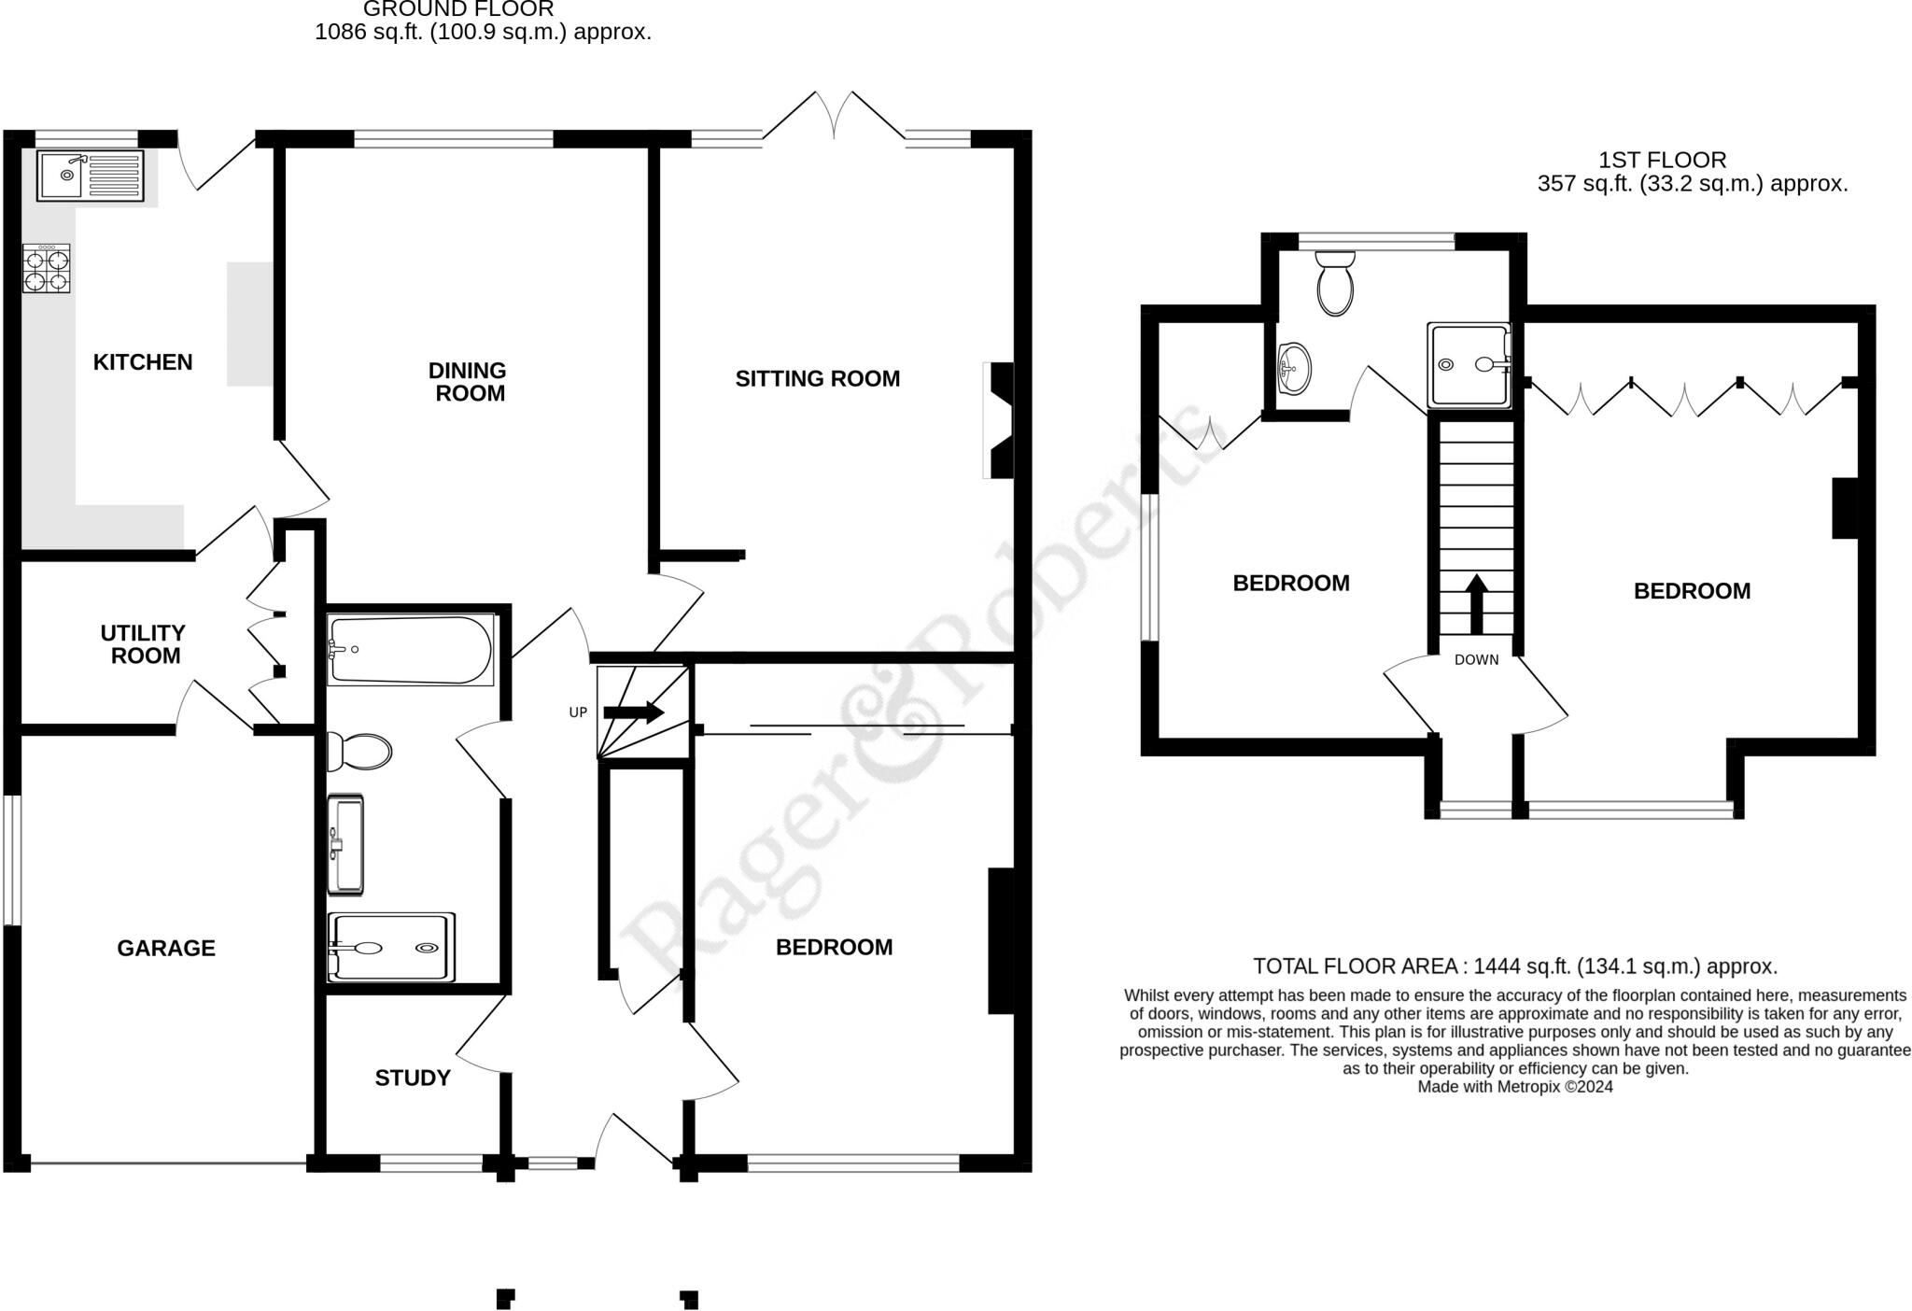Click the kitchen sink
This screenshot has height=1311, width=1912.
91,176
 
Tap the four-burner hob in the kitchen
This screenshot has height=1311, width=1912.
47,269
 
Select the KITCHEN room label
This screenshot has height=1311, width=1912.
143,362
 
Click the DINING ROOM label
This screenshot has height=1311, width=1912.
468,382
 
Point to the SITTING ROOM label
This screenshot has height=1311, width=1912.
818,379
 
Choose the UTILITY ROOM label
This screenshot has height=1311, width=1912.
144,644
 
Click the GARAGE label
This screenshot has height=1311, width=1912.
166,949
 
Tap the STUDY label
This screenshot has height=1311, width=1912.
413,1078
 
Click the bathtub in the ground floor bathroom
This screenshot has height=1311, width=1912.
411,649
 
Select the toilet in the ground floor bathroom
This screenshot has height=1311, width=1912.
359,752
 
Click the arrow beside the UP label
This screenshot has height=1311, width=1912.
634,712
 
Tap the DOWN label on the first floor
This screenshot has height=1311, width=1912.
1476,660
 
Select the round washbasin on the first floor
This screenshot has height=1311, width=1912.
1294,368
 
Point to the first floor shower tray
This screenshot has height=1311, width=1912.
1469,366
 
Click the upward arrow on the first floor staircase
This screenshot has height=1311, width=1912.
1476,604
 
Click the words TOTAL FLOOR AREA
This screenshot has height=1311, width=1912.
1355,966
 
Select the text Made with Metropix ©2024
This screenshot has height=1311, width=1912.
1515,1087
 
